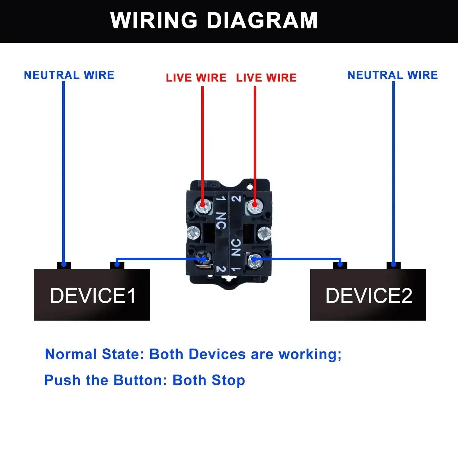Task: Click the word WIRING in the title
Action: click(x=154, y=20)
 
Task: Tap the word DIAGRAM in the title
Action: click(x=262, y=20)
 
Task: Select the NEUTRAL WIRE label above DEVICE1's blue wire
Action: click(x=69, y=75)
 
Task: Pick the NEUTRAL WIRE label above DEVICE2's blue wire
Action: click(x=393, y=75)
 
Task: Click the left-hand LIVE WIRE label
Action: click(x=196, y=78)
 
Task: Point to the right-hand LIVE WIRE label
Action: click(x=266, y=78)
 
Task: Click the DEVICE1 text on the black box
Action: click(x=93, y=296)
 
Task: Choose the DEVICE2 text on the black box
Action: click(x=369, y=296)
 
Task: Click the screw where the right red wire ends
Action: click(x=254, y=207)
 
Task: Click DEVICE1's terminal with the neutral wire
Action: click(x=64, y=266)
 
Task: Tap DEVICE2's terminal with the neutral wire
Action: click(x=394, y=266)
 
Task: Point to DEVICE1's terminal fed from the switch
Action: click(x=117, y=266)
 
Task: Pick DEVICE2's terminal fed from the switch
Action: click(x=340, y=266)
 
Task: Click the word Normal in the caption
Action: click(x=71, y=354)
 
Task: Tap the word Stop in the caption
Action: click(x=228, y=380)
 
